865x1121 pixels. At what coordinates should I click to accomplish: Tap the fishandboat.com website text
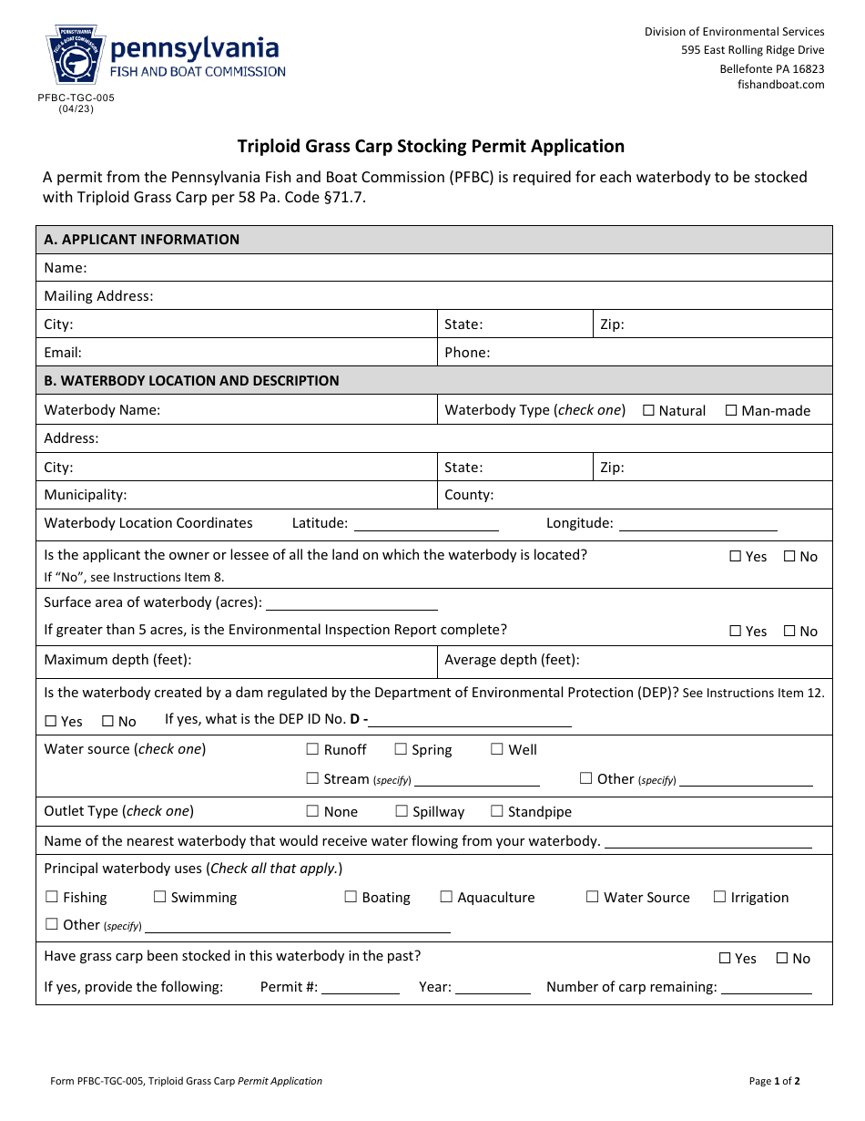tap(780, 85)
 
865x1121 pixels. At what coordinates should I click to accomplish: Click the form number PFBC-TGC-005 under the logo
tap(76, 98)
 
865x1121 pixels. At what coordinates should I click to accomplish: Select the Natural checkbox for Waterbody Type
tap(649, 410)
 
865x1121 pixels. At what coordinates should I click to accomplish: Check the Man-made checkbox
tap(731, 410)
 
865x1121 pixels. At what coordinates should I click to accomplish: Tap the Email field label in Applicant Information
tap(63, 353)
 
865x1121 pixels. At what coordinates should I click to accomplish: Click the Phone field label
tap(467, 353)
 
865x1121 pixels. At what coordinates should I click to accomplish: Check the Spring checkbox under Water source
tap(401, 749)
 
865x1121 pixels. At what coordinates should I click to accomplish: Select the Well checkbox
tap(497, 749)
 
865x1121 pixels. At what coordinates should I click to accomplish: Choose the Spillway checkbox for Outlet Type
tap(402, 811)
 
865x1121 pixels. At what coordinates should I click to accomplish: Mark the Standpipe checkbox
tap(497, 811)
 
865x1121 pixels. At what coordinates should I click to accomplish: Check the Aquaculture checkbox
tap(446, 897)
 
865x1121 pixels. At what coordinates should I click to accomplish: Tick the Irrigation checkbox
tap(720, 897)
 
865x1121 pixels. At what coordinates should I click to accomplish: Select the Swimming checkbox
tap(160, 897)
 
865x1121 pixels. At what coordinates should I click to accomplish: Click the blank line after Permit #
tap(360, 987)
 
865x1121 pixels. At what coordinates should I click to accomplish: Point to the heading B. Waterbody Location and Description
tap(191, 381)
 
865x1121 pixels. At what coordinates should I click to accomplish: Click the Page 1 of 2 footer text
tap(774, 1082)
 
